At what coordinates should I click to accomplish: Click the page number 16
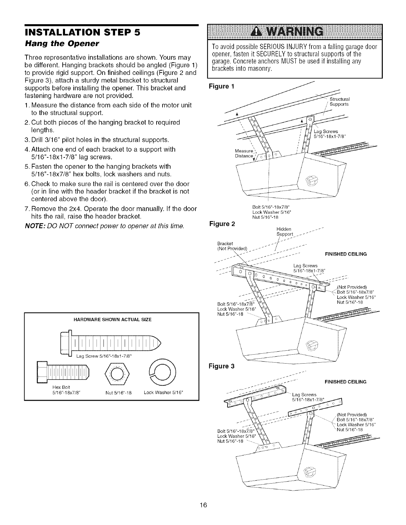203,515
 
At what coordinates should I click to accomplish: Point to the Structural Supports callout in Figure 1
339,101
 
